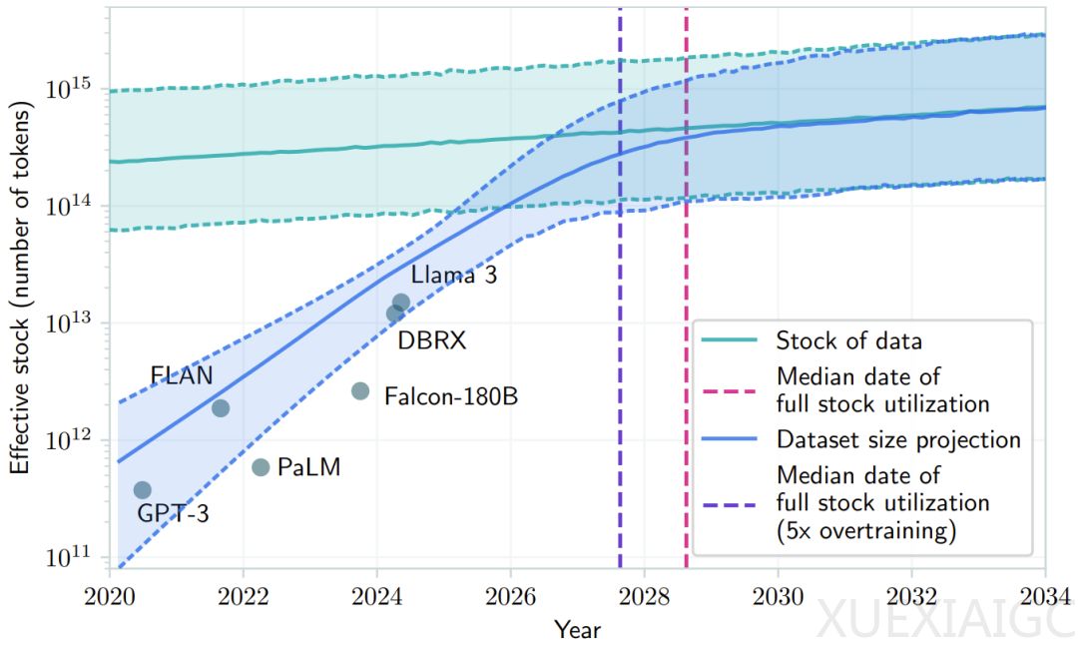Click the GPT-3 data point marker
point(142,489)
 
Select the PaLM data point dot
point(261,467)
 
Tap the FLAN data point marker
point(221,407)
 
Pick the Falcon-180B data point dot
point(360,391)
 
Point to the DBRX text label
point(432,341)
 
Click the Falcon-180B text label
point(451,395)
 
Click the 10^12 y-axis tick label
point(71,439)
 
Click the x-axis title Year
point(578,629)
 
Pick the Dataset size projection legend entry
point(897,440)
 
